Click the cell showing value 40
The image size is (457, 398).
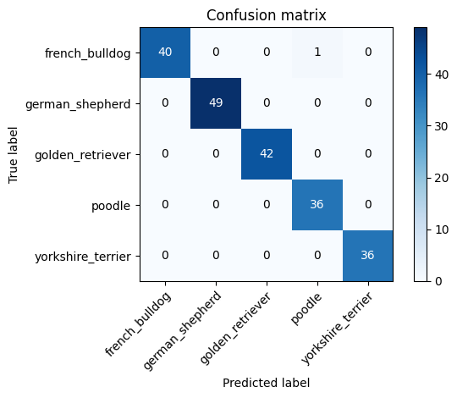pyautogui.click(x=165, y=53)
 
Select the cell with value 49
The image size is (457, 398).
pyautogui.click(x=216, y=103)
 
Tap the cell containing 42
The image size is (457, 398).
pyautogui.click(x=267, y=154)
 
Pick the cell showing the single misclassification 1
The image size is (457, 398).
pyautogui.click(x=317, y=53)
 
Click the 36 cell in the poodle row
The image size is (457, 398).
pyautogui.click(x=317, y=205)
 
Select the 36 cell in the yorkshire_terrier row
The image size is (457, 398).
pyautogui.click(x=368, y=256)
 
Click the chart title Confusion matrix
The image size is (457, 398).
pyautogui.click(x=267, y=15)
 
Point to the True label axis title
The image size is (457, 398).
pyautogui.click(x=13, y=155)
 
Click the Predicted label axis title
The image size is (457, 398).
pyautogui.click(x=267, y=383)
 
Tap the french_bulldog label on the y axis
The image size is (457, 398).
pyautogui.click(x=88, y=53)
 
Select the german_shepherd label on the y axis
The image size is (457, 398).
pyautogui.click(x=78, y=104)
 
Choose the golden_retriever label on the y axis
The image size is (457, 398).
pyautogui.click(x=83, y=155)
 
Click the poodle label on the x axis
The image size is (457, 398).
pyautogui.click(x=306, y=308)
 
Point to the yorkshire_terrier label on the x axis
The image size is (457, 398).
pyautogui.click(x=337, y=329)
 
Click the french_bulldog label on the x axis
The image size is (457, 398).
pyautogui.click(x=138, y=324)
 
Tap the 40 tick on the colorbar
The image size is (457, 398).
pyautogui.click(x=442, y=75)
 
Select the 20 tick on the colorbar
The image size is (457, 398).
pyautogui.click(x=442, y=178)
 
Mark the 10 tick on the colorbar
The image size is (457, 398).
pyautogui.click(x=442, y=229)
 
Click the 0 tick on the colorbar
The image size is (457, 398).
pyautogui.click(x=438, y=281)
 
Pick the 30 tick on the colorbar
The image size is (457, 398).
pyautogui.click(x=442, y=126)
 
